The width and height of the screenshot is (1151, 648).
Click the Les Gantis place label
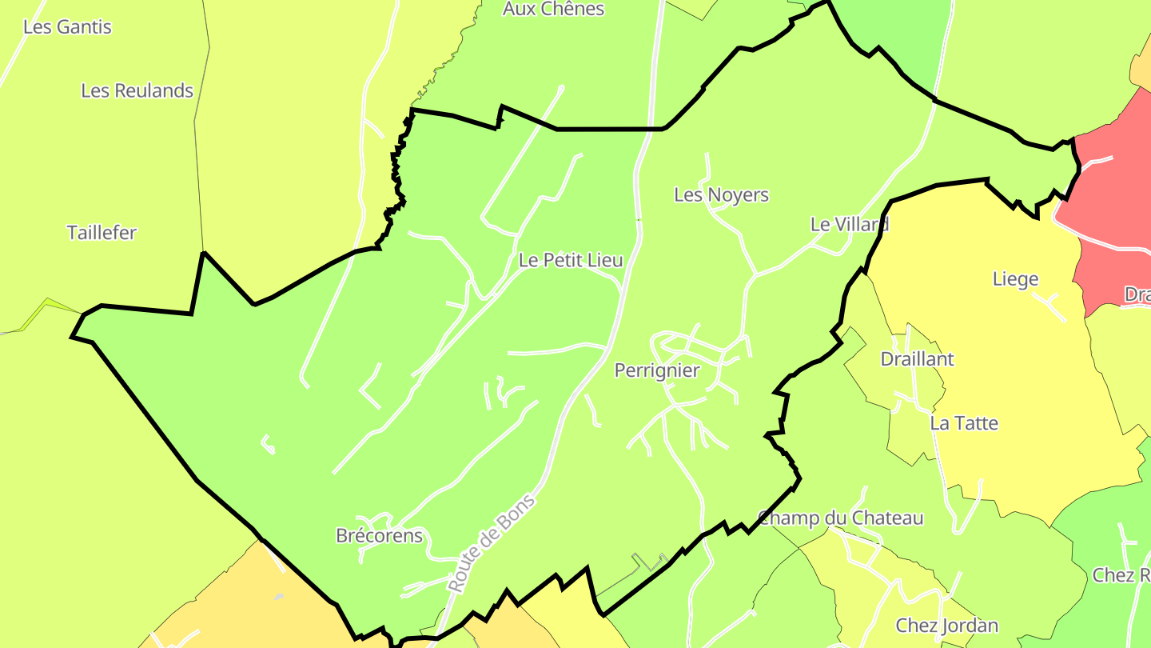tap(67, 26)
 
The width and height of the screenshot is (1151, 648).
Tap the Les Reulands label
tap(137, 90)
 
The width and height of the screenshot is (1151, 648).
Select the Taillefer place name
tap(102, 233)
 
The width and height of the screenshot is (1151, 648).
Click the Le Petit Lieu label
tap(570, 260)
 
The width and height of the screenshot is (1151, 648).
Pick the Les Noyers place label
tap(721, 194)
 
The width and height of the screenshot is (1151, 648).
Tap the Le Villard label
tap(850, 224)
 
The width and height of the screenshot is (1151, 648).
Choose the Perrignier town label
tap(656, 370)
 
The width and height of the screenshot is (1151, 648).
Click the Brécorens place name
tap(379, 535)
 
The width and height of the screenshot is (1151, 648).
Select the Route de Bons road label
tap(491, 543)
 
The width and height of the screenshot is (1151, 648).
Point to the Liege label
tap(1015, 279)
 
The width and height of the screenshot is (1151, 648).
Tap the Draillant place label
tap(917, 359)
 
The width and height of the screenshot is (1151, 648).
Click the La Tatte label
tap(964, 423)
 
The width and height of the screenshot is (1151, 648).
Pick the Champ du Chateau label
tap(840, 518)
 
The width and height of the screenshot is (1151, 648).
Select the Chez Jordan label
tap(946, 626)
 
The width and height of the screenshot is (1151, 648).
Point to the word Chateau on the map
tap(886, 518)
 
